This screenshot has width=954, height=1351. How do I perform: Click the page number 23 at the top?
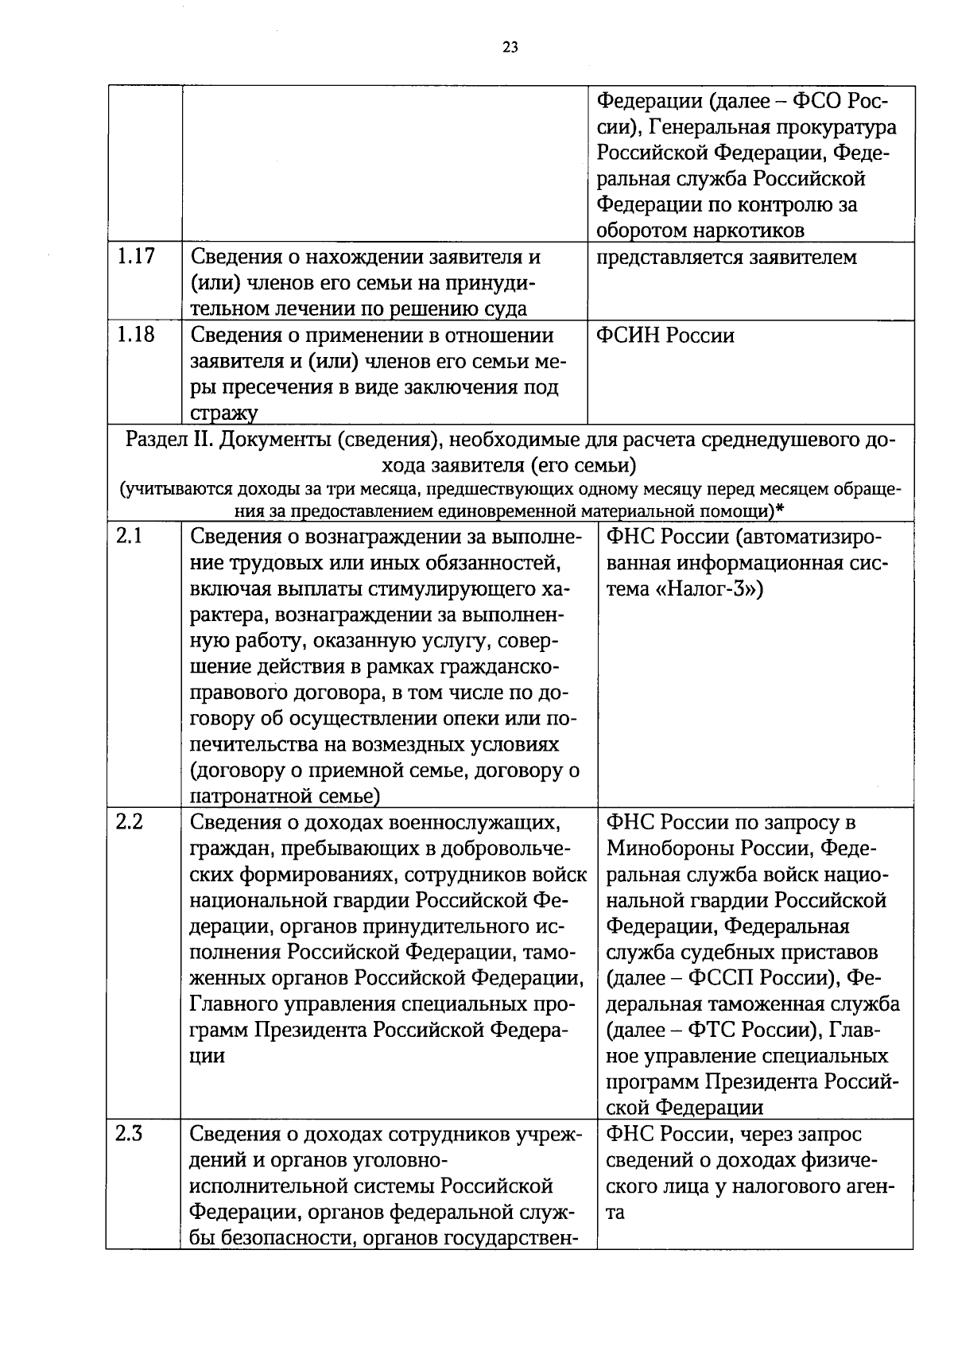(x=510, y=47)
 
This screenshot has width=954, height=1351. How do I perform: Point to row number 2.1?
(x=129, y=536)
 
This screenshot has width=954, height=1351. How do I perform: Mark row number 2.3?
(x=129, y=1134)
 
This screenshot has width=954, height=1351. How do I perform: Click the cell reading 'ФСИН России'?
(x=665, y=336)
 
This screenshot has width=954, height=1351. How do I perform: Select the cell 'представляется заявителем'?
(x=727, y=258)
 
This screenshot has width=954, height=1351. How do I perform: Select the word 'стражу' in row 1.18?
(x=224, y=413)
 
